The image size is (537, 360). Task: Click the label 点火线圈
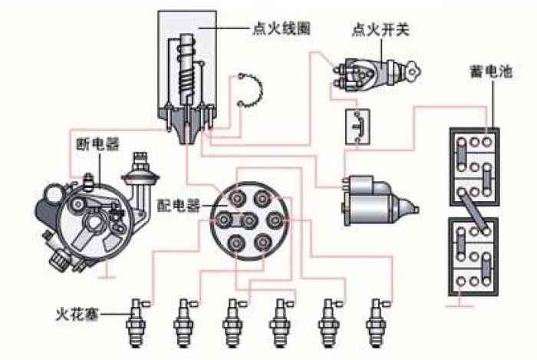pos(282,28)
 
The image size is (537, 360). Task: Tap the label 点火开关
pos(381,30)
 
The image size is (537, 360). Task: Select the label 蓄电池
pos(491,71)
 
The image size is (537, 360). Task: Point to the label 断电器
pos(97,144)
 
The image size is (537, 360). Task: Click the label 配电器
pos(179,206)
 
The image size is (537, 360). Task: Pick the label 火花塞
pos(77,314)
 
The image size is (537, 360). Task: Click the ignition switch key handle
pos(412,71)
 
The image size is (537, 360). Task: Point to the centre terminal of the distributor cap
pos(249,220)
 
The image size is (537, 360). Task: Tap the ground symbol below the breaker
pos(107,273)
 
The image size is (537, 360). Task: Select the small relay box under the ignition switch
pos(357,127)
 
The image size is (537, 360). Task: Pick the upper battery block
pos(475,167)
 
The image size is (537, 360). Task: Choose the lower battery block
pos(473,257)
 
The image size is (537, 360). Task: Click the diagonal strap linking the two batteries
pos(474,211)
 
